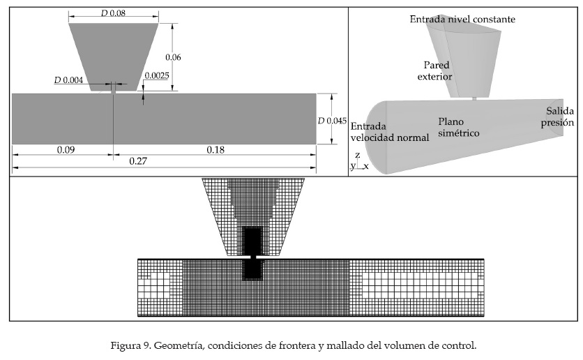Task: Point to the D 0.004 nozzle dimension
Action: point(68,80)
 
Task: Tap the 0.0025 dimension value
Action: point(156,75)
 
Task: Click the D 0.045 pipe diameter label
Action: point(332,120)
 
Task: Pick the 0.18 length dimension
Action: point(215,149)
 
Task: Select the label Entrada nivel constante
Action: point(462,19)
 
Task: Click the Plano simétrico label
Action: point(453,126)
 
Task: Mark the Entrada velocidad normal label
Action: point(390,132)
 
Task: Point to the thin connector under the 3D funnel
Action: point(474,98)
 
